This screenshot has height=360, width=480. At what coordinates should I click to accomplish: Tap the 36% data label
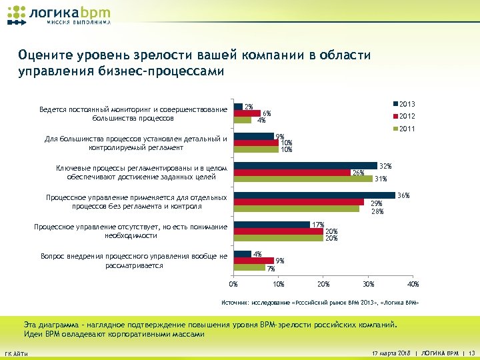coord(403,195)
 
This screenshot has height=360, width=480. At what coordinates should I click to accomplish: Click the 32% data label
coord(385,165)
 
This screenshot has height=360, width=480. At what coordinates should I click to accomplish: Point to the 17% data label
coord(318,225)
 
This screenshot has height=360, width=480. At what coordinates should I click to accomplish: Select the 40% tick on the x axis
coord(413,285)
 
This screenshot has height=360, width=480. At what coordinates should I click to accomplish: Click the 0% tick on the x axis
coord(233,285)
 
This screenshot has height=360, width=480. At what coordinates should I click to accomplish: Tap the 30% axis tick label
coord(367,285)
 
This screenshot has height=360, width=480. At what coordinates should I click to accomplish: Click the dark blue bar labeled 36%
coord(313,195)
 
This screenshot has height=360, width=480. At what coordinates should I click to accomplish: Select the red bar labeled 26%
coord(292,173)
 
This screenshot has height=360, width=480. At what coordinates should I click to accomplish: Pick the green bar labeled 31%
coord(303,179)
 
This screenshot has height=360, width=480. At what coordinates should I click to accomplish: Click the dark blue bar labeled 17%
coord(271,225)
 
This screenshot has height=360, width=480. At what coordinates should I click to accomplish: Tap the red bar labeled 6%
coord(247,113)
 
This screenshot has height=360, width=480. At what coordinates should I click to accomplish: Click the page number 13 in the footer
coord(471,352)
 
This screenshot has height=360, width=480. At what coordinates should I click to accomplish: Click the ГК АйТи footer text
coord(17,353)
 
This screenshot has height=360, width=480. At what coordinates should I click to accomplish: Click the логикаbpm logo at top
coord(59,15)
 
